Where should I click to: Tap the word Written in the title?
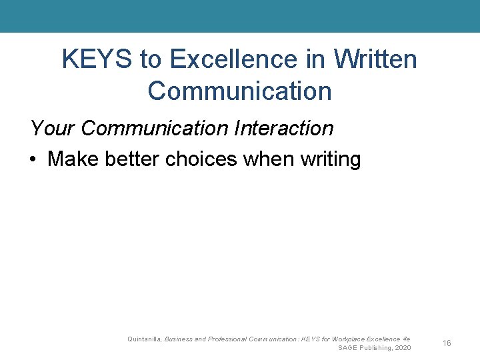(375, 59)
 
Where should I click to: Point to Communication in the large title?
(239, 91)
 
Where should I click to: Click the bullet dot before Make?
(33, 160)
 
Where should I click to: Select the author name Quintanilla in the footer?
(144, 339)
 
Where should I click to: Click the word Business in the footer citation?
(179, 339)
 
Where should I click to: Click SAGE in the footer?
(348, 348)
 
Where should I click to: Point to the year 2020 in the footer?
(403, 348)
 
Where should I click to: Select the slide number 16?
(447, 343)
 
